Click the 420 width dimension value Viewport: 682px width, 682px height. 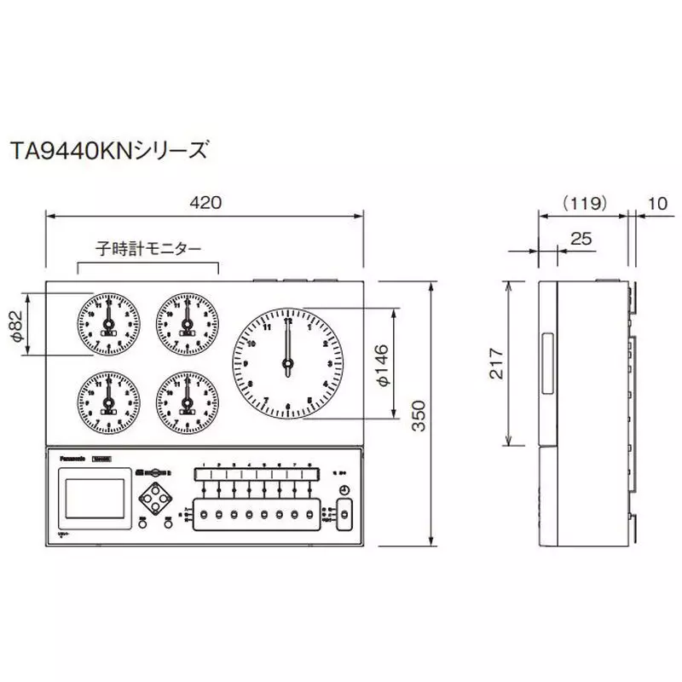[205, 203]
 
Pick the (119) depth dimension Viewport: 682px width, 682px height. [584, 203]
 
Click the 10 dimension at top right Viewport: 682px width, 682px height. [657, 203]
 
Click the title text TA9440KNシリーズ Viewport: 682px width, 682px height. [108, 151]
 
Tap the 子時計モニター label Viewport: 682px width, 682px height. [148, 249]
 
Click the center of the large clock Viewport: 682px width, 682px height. [288, 364]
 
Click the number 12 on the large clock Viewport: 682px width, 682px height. [287, 321]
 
